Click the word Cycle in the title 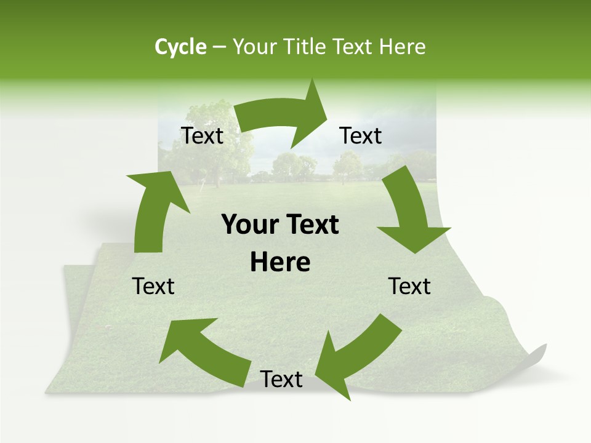180,47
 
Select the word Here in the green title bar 400,47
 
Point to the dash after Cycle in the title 219,47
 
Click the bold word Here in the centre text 280,263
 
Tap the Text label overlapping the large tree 203,136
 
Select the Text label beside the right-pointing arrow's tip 361,136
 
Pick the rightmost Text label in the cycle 410,286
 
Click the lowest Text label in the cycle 281,380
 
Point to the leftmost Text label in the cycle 153,286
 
